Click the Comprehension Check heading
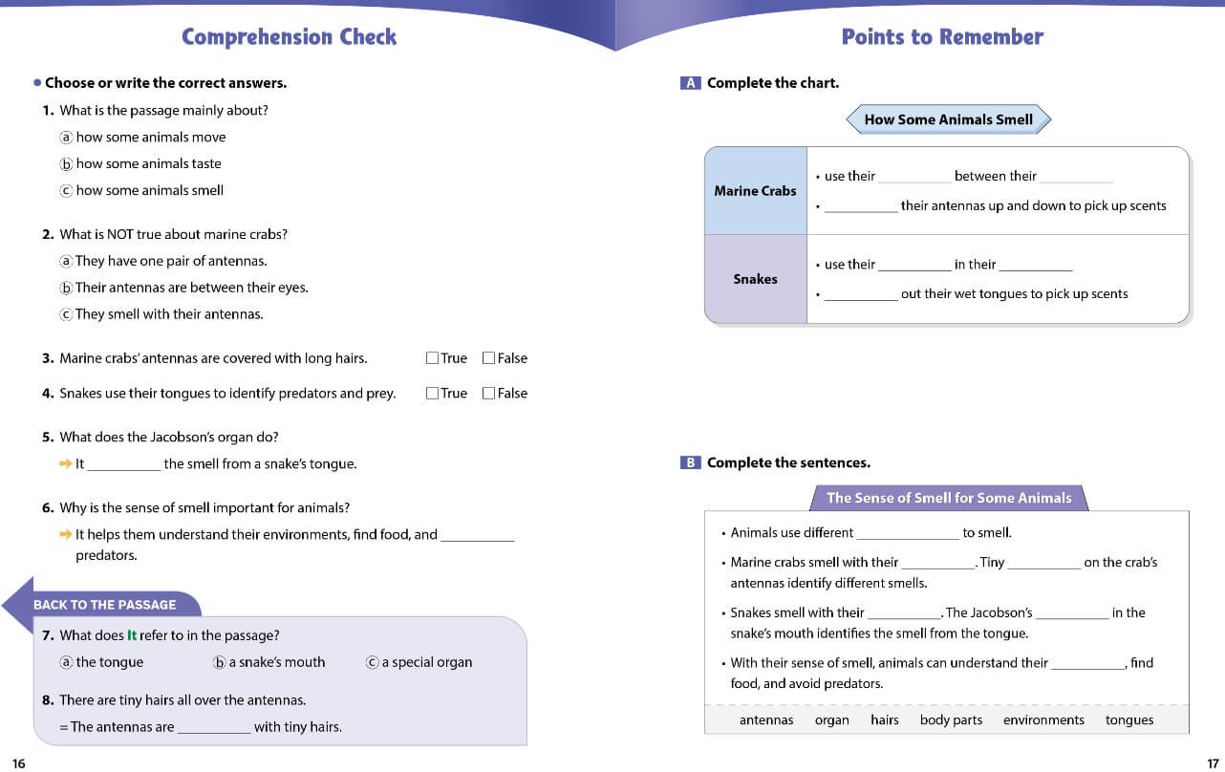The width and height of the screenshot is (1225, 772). (289, 37)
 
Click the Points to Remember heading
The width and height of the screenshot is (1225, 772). (942, 37)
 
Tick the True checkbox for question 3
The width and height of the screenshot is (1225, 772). (432, 358)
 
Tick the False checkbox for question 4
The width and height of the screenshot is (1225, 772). (488, 393)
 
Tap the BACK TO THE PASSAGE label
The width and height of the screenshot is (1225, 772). (104, 605)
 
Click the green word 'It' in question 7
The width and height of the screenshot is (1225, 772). (132, 635)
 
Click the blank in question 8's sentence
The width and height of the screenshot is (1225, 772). (214, 728)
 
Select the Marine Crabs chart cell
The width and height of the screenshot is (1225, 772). (755, 191)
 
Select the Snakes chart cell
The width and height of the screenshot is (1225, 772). (755, 279)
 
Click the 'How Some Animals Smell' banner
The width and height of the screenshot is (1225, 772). (948, 119)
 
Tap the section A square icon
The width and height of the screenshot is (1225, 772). (690, 83)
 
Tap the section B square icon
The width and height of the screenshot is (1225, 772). (690, 463)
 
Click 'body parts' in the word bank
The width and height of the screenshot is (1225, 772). (951, 720)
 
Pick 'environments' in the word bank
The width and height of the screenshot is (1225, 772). (1043, 720)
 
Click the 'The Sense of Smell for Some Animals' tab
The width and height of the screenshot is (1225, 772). (949, 498)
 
